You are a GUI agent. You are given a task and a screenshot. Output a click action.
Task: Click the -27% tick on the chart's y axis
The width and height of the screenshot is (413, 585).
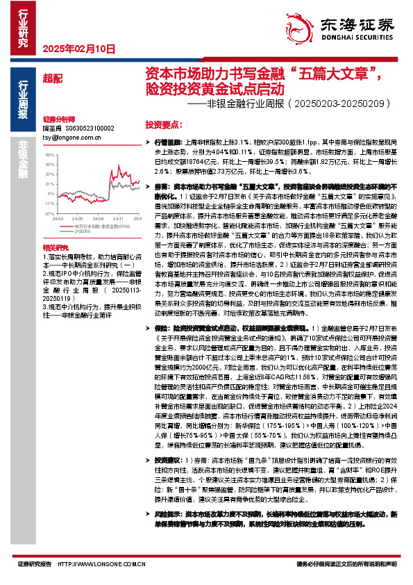pyautogui.click(x=48, y=215)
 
